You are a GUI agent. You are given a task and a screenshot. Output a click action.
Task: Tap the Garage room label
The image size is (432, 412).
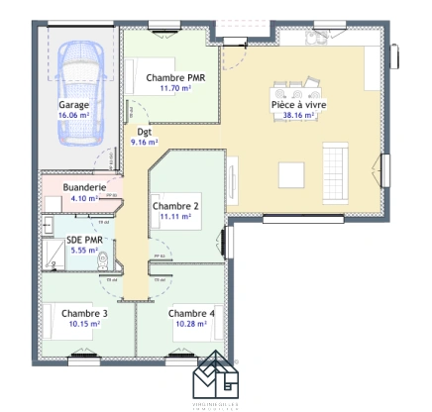pyautogui.click(x=73, y=104)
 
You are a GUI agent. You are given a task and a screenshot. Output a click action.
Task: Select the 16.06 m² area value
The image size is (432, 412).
pyautogui.click(x=73, y=115)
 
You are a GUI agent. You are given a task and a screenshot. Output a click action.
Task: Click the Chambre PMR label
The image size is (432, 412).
pyautogui.click(x=174, y=77)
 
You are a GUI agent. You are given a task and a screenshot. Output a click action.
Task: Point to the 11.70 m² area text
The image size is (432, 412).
pyautogui.click(x=174, y=88)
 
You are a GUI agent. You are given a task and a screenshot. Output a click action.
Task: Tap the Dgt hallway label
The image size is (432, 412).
pyautogui.click(x=144, y=131)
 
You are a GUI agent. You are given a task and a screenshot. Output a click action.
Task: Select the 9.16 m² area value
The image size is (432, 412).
pyautogui.click(x=146, y=142)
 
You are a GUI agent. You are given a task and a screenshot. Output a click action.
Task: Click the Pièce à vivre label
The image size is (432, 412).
pyautogui.click(x=298, y=104)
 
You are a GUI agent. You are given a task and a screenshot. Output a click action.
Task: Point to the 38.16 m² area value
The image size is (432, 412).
pyautogui.click(x=298, y=115)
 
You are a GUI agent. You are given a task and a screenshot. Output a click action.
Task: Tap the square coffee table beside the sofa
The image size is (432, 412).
pyautogui.click(x=290, y=174)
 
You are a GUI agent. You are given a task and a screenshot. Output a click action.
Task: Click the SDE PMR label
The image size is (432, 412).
pyautogui.click(x=84, y=241)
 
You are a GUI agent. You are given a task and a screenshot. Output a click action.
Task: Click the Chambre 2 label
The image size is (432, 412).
pyautogui.click(x=175, y=206)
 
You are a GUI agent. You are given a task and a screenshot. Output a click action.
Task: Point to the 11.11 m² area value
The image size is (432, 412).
pyautogui.click(x=175, y=217)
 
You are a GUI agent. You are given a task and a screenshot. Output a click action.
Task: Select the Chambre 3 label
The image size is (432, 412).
pyautogui.click(x=83, y=313)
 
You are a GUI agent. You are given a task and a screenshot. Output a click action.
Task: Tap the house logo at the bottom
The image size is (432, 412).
pyautogui.click(x=216, y=377)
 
